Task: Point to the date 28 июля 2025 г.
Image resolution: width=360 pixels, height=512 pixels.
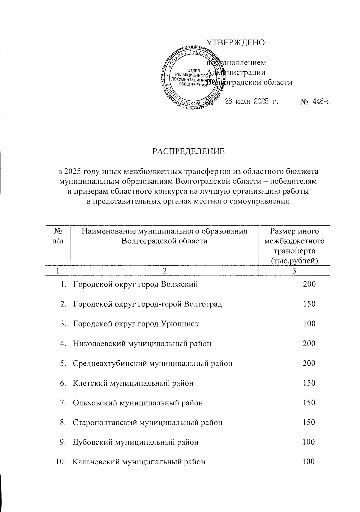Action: (251, 101)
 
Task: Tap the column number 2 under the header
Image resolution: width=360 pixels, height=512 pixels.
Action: (164, 271)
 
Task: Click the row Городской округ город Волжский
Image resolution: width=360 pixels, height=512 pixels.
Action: (135, 284)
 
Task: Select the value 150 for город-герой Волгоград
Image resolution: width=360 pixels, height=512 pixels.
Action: (309, 304)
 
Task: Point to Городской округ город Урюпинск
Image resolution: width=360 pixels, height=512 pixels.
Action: (136, 324)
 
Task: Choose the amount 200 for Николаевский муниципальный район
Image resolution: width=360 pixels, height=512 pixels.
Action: (309, 343)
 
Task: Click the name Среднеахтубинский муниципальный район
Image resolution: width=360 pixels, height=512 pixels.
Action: (153, 363)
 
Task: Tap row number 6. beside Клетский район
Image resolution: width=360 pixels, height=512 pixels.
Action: (63, 383)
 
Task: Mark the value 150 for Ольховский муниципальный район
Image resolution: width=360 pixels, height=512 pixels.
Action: (309, 403)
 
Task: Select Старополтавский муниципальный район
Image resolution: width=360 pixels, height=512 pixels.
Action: (148, 422)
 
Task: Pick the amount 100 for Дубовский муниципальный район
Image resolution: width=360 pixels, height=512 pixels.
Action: (309, 442)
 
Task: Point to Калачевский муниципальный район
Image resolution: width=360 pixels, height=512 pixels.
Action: (139, 462)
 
